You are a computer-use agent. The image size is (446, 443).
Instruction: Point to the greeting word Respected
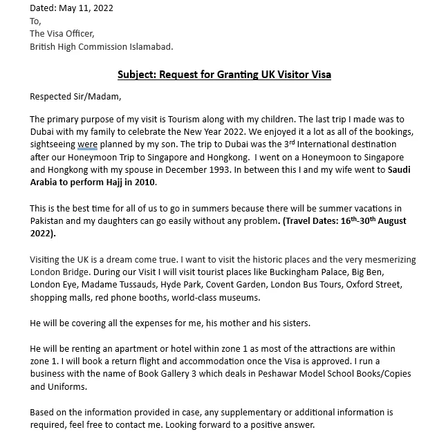(53, 97)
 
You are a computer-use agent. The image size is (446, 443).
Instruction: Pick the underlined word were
(87, 144)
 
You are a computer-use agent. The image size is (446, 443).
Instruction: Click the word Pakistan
(49, 221)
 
